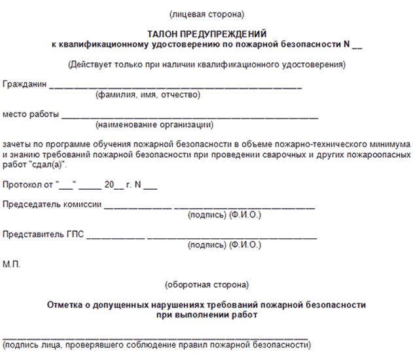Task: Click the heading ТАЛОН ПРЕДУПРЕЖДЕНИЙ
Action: click(206, 33)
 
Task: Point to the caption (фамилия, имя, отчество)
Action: click(148, 95)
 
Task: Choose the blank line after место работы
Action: click(190, 117)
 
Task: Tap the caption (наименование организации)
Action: click(154, 125)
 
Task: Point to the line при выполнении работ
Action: click(206, 315)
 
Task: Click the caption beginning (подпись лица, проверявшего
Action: click(156, 344)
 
